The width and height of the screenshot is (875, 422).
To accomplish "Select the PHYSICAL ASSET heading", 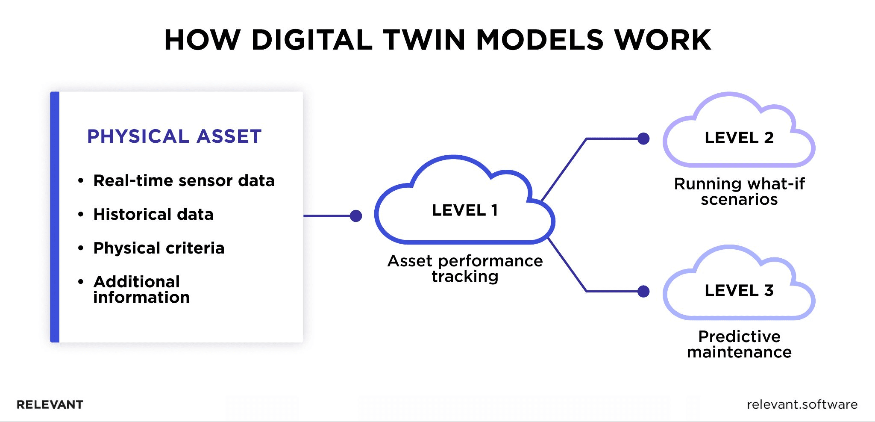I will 174,136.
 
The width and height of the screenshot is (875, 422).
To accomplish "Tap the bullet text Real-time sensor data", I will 184,180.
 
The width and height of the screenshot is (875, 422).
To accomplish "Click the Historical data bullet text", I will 153,214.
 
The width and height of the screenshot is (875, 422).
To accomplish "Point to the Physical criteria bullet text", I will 159,248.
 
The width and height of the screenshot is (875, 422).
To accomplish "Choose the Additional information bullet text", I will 141,289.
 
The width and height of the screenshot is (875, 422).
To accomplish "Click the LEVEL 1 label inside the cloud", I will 465,210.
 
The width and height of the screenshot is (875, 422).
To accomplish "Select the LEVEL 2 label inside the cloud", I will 739,138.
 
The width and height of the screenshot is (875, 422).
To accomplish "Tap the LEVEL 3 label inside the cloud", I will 739,290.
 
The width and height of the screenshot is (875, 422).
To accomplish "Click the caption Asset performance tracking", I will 465,269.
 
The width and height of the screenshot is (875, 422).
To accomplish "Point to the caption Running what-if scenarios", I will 739,192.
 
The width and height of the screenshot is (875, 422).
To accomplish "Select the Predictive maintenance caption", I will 739,344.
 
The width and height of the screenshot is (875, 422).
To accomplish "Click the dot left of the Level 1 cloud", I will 356,216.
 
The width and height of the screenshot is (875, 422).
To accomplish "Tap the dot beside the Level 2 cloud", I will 643,139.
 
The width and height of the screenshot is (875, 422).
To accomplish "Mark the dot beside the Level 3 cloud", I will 643,291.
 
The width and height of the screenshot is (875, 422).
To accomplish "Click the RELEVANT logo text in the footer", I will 50,404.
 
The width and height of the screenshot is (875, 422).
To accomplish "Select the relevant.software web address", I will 802,404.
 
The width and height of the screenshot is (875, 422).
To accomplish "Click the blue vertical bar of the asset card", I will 55,217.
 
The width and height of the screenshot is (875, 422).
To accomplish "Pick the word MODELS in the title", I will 540,40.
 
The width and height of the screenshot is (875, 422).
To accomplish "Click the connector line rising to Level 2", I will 564,170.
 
